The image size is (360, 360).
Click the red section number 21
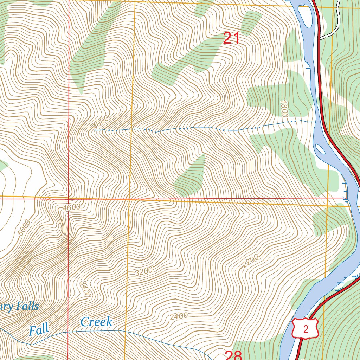tap(232, 38)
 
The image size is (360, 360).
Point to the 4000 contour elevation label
tap(101, 123)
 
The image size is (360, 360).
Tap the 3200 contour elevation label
tap(144, 271)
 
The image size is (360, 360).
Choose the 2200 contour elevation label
tap(250, 261)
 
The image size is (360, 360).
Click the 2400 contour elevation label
tap(179, 316)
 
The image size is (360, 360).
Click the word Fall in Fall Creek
tap(39, 330)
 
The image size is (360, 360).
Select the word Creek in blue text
tap(96, 321)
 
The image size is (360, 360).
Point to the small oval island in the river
tap(320, 149)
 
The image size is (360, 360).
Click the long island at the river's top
tap(304, 16)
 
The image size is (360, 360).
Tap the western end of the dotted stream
tap(95, 130)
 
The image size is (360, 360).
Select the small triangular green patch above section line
tap(192, 178)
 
